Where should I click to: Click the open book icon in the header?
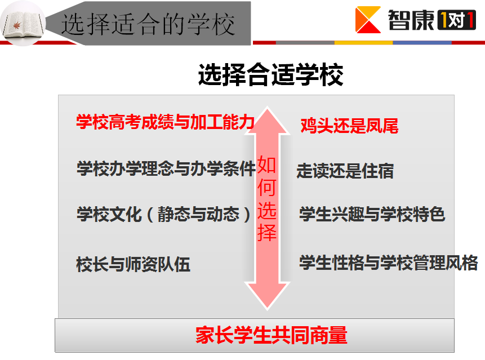point(23,24)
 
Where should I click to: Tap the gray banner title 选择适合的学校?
point(148,24)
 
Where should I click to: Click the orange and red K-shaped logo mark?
point(368,20)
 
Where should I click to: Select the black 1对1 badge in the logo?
point(456,20)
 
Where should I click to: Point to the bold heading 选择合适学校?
point(270,74)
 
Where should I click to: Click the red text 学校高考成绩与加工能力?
point(166,122)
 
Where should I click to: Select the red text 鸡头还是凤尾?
point(349,126)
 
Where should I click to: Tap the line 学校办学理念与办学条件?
point(166,168)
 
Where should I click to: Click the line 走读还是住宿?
point(345,171)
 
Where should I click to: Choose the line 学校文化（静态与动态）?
point(164,214)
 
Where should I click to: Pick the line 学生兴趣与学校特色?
point(372,214)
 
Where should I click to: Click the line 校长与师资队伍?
point(133,264)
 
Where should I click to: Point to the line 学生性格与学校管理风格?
point(389,263)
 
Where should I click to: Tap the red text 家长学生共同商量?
point(272,335)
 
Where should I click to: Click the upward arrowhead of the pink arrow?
point(267,121)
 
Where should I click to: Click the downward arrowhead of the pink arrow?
point(267,296)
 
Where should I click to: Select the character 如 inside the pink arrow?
point(266,165)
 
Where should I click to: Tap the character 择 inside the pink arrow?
point(266,232)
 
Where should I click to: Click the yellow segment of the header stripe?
point(363,43)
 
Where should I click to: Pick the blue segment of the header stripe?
point(422,43)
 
